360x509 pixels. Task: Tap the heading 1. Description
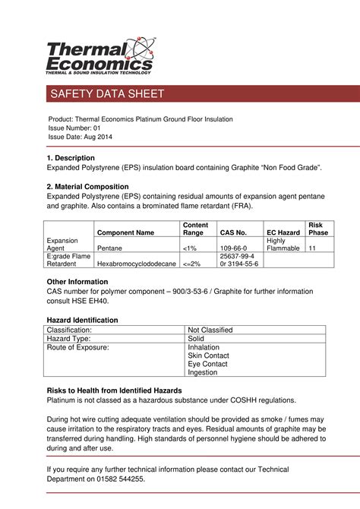click(x=71, y=157)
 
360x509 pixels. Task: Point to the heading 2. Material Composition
click(x=87, y=186)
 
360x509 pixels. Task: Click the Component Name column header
click(x=125, y=232)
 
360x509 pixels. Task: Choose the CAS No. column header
click(x=233, y=232)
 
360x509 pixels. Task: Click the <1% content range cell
click(x=190, y=248)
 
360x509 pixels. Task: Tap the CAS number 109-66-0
click(x=234, y=248)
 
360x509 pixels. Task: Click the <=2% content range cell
click(x=192, y=264)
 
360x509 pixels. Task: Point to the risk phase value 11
click(x=312, y=248)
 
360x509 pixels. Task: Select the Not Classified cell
click(x=210, y=330)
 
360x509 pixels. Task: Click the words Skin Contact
click(x=208, y=356)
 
